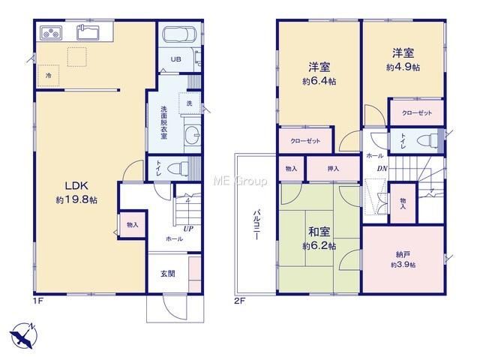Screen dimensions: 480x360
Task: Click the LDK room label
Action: (x=76, y=185)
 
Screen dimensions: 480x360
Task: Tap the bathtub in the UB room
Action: (x=179, y=34)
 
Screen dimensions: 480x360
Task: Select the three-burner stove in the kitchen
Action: (x=52, y=33)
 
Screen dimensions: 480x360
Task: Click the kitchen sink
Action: (x=88, y=32)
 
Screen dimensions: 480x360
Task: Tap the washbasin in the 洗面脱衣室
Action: (x=192, y=135)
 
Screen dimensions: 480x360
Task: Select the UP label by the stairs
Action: (x=188, y=229)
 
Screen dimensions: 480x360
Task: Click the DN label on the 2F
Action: (x=382, y=168)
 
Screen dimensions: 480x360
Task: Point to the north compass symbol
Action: (x=23, y=336)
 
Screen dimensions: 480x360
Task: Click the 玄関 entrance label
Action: (x=168, y=273)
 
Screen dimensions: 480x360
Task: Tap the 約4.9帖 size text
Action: (x=403, y=67)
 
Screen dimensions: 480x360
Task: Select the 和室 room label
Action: (x=319, y=232)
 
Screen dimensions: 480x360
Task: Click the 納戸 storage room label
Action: (x=403, y=254)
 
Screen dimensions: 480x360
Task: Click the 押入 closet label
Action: (x=333, y=168)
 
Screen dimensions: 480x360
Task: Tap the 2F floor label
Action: (x=240, y=301)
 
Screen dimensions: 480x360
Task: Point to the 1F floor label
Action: (x=38, y=301)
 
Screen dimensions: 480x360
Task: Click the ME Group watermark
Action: (x=240, y=181)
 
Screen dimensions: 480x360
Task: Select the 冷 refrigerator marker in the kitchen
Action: (x=48, y=75)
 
